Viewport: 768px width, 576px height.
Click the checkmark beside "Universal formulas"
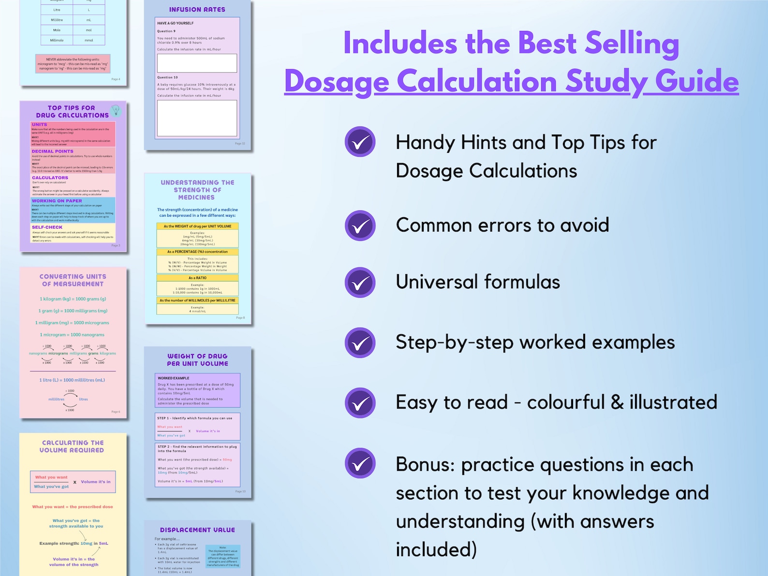tap(360, 282)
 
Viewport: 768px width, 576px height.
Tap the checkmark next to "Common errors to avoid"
tap(360, 225)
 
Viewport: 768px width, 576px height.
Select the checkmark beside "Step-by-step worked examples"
tap(360, 343)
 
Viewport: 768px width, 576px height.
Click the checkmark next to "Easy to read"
tap(360, 403)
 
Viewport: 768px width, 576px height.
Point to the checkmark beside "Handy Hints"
tap(360, 142)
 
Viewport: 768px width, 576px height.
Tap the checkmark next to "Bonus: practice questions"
tap(360, 463)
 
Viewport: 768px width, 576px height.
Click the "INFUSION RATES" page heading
tap(197, 10)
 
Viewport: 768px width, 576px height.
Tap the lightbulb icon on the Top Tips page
tap(116, 110)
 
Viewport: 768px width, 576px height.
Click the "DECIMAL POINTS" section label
tap(53, 151)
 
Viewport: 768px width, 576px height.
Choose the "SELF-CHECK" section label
tap(47, 227)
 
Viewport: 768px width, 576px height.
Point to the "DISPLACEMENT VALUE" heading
tap(197, 530)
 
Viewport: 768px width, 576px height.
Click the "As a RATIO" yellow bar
tap(197, 278)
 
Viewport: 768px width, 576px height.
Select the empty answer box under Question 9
tap(197, 63)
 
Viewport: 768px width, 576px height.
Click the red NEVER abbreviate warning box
tap(73, 64)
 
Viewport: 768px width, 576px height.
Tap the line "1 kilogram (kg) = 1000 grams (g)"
tap(73, 299)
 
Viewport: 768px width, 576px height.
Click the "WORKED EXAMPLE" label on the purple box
tap(174, 378)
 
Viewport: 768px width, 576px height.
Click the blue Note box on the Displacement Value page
tap(222, 557)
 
